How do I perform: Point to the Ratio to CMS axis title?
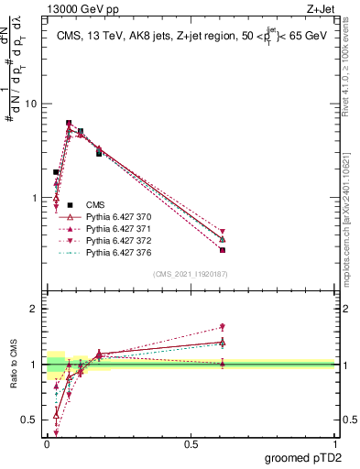tap(14, 365)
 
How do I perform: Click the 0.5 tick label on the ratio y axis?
tap(28, 420)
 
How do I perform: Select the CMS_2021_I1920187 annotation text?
tap(191, 273)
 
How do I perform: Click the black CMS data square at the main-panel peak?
tap(69, 123)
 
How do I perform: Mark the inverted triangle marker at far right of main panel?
tap(223, 232)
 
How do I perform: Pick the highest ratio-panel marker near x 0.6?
tap(223, 327)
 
